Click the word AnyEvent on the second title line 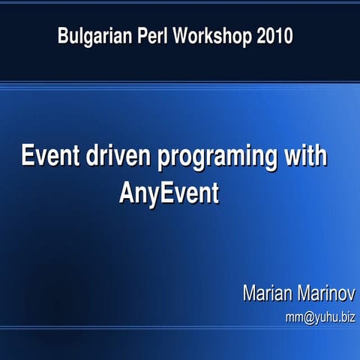[x=169, y=193]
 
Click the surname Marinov [x=328, y=293]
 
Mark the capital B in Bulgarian [x=64, y=35]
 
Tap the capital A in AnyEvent [x=126, y=193]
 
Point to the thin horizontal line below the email [x=180, y=328]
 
